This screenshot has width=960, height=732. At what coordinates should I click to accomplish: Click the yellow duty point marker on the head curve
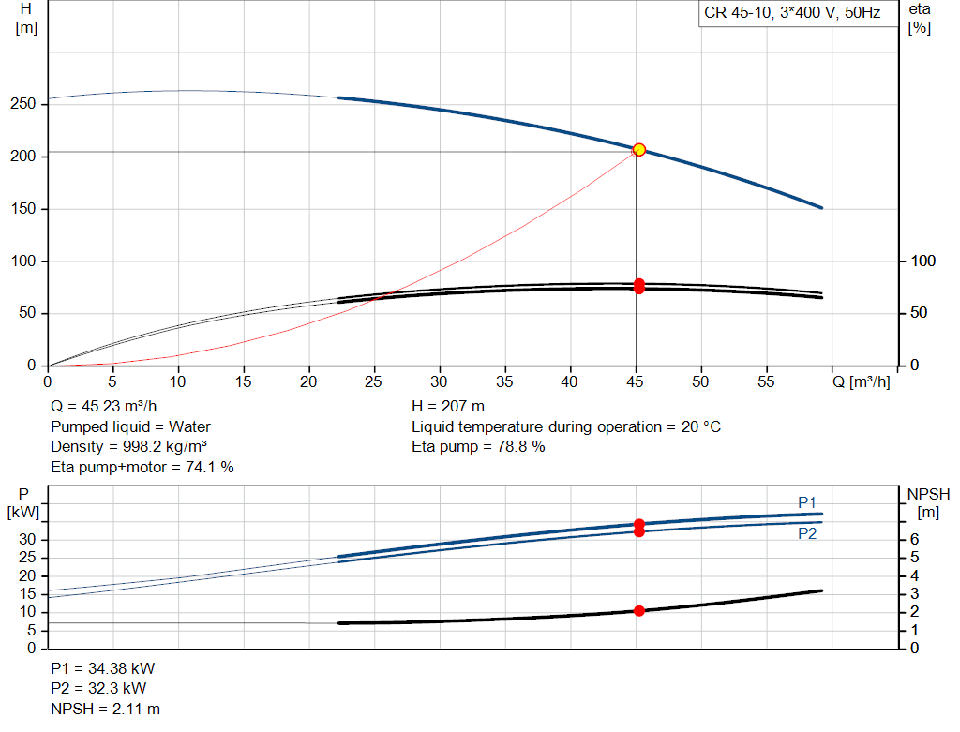(638, 150)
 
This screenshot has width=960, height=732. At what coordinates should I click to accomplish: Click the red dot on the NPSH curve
(639, 611)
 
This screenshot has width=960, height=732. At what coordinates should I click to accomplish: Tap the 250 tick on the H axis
(22, 104)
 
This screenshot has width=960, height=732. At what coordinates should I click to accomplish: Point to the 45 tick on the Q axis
(635, 381)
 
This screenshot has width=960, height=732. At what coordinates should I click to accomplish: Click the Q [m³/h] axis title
(861, 381)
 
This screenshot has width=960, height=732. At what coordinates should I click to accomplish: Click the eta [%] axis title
(919, 19)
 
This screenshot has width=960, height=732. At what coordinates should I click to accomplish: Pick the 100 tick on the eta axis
(922, 261)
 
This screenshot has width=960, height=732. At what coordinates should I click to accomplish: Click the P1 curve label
(807, 502)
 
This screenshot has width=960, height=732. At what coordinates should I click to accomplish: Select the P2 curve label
(807, 533)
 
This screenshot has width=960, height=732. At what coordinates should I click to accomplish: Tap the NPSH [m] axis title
(928, 503)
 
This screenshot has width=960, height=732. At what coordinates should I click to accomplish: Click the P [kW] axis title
(23, 503)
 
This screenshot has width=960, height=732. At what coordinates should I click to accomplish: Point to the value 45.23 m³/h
(119, 407)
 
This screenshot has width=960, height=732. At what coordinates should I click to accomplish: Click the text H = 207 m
(448, 407)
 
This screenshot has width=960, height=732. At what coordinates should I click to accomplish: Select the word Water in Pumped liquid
(189, 426)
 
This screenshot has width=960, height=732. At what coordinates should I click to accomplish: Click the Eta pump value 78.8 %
(521, 447)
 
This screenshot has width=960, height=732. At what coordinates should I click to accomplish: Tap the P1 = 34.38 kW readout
(103, 668)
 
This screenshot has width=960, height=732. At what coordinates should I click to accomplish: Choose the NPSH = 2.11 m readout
(105, 709)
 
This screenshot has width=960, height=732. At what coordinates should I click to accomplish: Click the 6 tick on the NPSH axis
(914, 539)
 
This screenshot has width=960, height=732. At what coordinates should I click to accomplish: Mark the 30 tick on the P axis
(27, 539)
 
